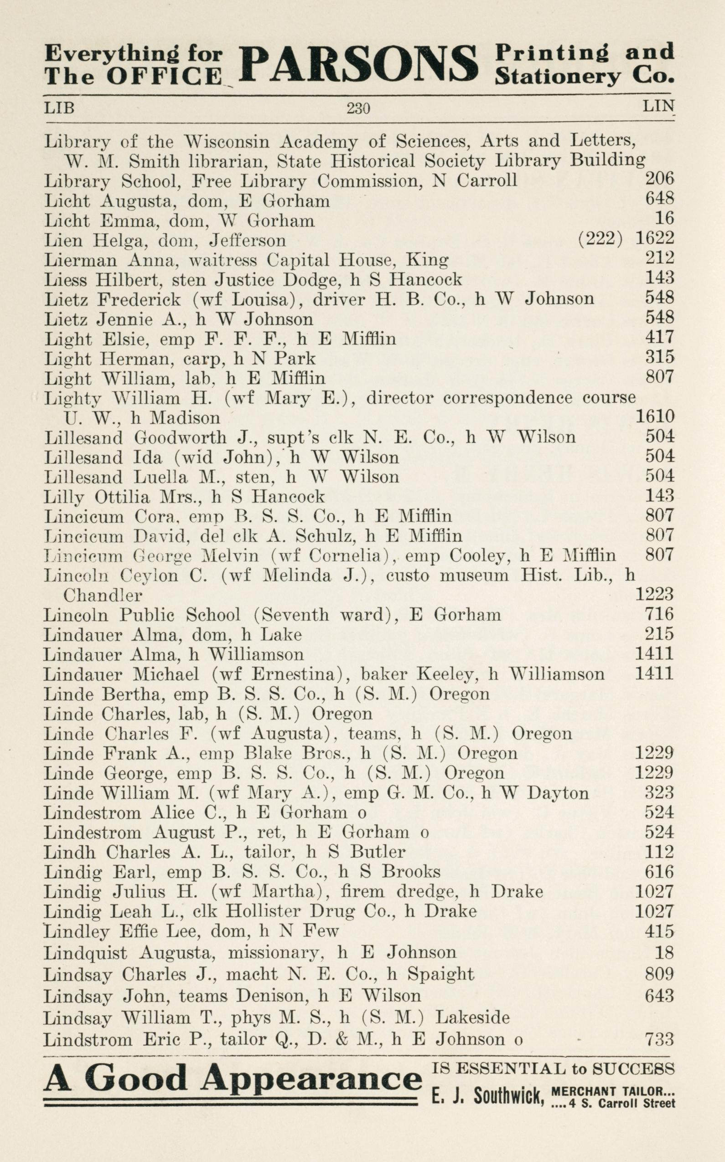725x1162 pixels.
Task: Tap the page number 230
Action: tap(358, 109)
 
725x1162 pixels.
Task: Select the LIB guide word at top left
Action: tap(59, 108)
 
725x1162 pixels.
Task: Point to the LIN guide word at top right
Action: tap(658, 106)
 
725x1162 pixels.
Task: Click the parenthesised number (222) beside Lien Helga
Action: tap(601, 238)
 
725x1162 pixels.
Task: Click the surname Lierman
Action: tap(80, 260)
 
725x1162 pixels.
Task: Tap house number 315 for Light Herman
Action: tap(659, 357)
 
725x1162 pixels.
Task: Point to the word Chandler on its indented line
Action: tap(103, 596)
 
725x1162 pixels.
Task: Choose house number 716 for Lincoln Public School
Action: tap(659, 614)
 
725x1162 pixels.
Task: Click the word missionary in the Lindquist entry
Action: tap(273, 952)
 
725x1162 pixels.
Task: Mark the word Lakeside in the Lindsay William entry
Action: tap(472, 1017)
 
